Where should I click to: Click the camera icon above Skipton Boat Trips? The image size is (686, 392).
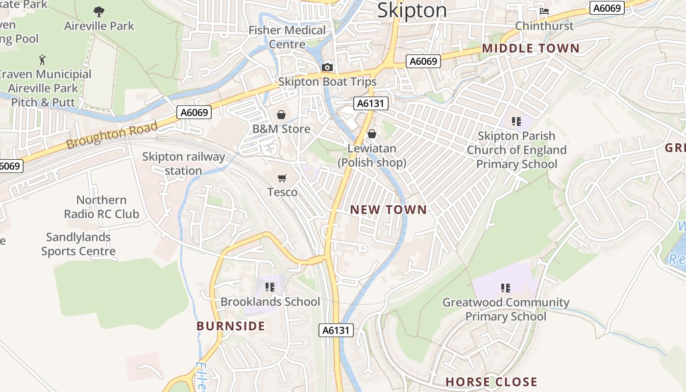click(327, 68)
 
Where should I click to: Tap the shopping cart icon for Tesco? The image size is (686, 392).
click(282, 178)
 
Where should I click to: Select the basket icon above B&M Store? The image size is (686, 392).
click(281, 115)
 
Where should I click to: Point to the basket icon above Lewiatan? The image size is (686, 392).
click(372, 134)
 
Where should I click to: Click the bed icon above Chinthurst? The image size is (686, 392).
click(544, 11)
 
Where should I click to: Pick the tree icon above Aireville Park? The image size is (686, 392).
click(99, 11)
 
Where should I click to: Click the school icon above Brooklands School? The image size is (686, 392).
click(270, 287)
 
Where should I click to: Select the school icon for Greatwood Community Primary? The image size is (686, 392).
click(506, 288)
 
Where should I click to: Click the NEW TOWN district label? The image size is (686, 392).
click(389, 210)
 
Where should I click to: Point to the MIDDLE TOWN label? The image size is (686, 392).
click(531, 49)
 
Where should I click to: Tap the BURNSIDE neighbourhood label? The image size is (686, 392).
click(231, 326)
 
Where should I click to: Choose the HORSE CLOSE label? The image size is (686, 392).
click(491, 382)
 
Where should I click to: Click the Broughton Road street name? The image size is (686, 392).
click(112, 135)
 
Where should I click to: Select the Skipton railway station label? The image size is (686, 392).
click(184, 164)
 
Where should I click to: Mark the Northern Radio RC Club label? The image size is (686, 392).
click(101, 207)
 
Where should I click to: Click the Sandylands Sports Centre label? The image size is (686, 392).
click(78, 244)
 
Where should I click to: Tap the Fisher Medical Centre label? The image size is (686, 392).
click(287, 37)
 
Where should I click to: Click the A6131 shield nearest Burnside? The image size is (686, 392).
click(336, 330)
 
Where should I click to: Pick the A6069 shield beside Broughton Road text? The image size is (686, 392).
click(195, 112)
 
